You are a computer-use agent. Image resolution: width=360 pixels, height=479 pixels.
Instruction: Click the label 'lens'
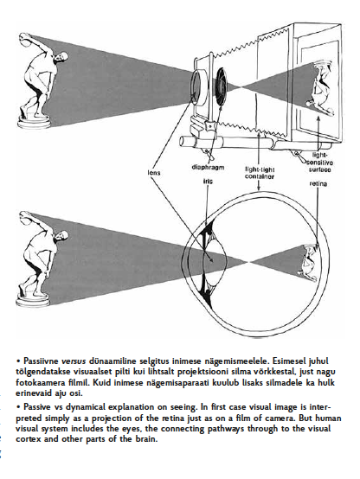pos(154,173)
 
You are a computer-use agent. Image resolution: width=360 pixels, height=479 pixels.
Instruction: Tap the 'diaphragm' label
pos(208,167)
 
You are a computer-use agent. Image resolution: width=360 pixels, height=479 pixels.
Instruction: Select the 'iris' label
pos(208,182)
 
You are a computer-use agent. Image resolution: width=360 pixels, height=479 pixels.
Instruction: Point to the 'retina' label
pos(318,183)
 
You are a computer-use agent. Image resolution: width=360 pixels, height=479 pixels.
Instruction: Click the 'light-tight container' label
pos(260,173)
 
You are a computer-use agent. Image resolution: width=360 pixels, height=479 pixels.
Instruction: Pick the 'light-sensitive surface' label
pos(318,163)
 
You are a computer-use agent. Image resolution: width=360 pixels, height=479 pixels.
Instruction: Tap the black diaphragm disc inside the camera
pos(222,86)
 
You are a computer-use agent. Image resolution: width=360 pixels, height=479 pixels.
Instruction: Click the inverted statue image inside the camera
pos(321,88)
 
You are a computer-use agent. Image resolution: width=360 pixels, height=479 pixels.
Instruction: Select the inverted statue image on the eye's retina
pos(309,262)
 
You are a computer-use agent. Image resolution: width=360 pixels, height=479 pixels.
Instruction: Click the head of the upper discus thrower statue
pos(63,57)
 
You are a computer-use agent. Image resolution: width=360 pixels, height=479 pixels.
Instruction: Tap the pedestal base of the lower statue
pos(33,300)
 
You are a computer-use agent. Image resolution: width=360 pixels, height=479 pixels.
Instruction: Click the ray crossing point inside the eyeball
pos(249,262)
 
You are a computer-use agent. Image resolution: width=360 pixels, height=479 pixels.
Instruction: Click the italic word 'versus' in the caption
pos(74,361)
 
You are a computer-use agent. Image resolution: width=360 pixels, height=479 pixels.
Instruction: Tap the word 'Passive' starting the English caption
pos(36,407)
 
